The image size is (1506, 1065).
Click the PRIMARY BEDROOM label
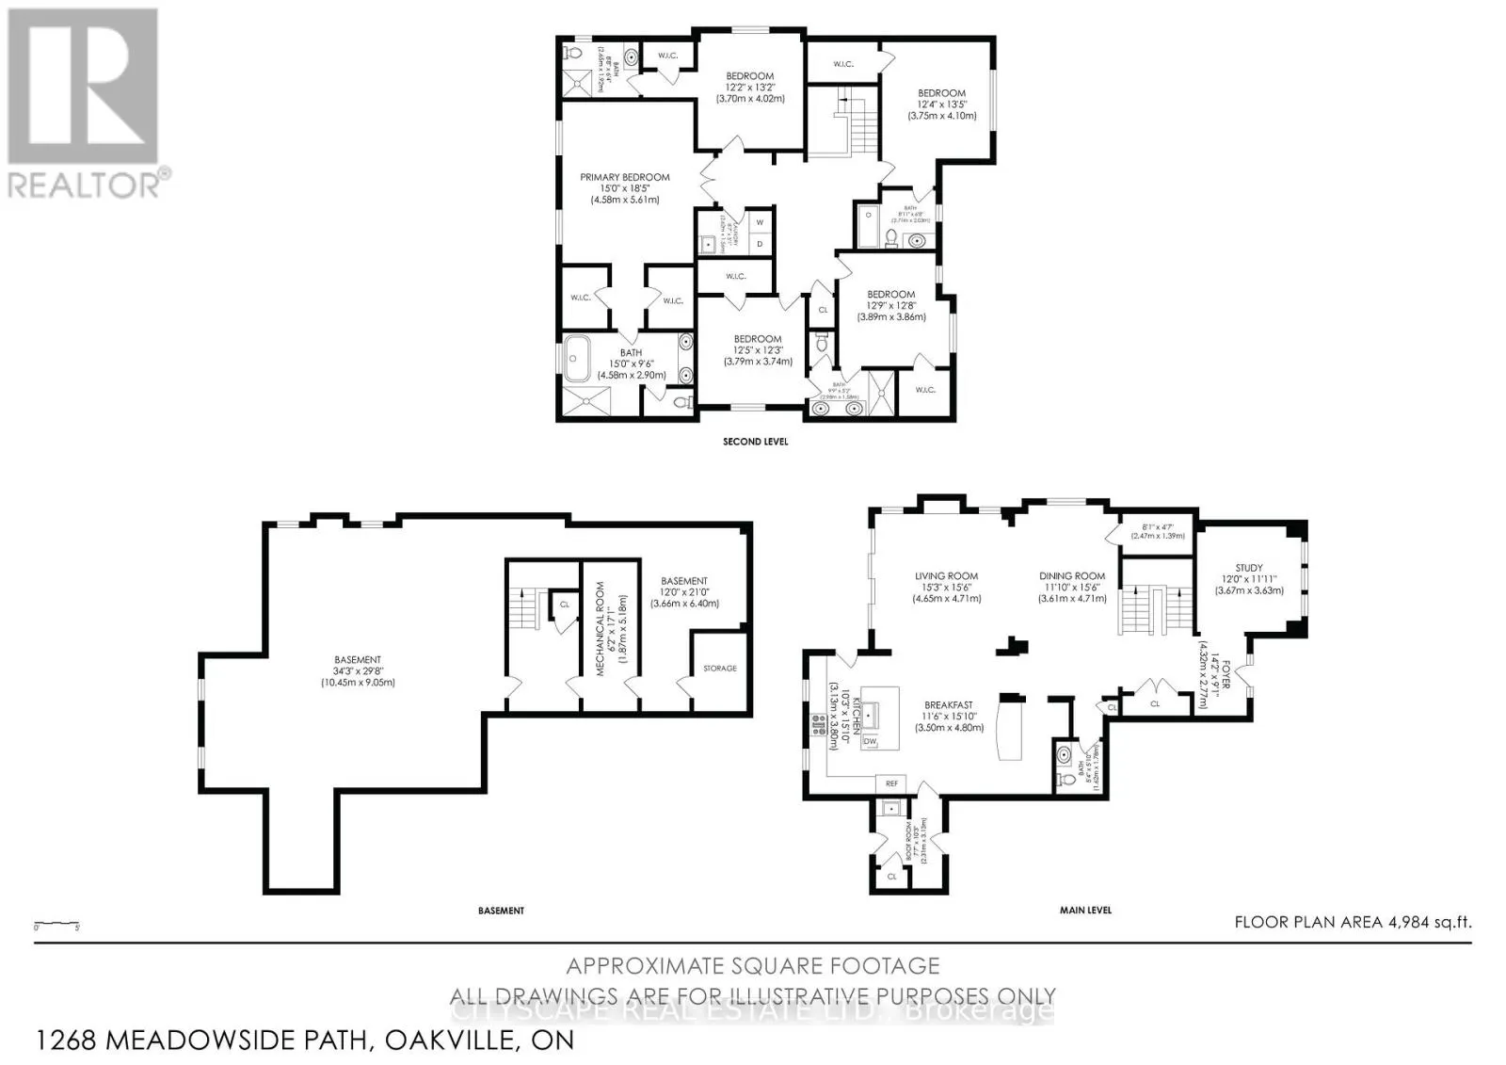(624, 177)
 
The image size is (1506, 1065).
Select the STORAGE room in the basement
(720, 668)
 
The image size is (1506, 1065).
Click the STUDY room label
(1249, 568)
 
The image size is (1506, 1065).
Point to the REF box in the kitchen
(890, 783)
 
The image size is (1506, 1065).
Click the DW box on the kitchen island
(869, 741)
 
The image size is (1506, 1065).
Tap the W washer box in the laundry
(760, 222)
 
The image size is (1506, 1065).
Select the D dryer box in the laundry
(760, 244)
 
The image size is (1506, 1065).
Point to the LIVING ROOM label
(946, 576)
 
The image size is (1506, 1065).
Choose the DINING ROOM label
(1072, 576)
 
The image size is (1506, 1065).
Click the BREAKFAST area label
(948, 704)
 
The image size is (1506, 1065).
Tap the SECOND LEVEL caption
(755, 441)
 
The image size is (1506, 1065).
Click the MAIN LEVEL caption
(1085, 910)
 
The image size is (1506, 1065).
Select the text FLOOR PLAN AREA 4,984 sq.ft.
(1352, 922)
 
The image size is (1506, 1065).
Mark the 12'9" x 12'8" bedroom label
(890, 295)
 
